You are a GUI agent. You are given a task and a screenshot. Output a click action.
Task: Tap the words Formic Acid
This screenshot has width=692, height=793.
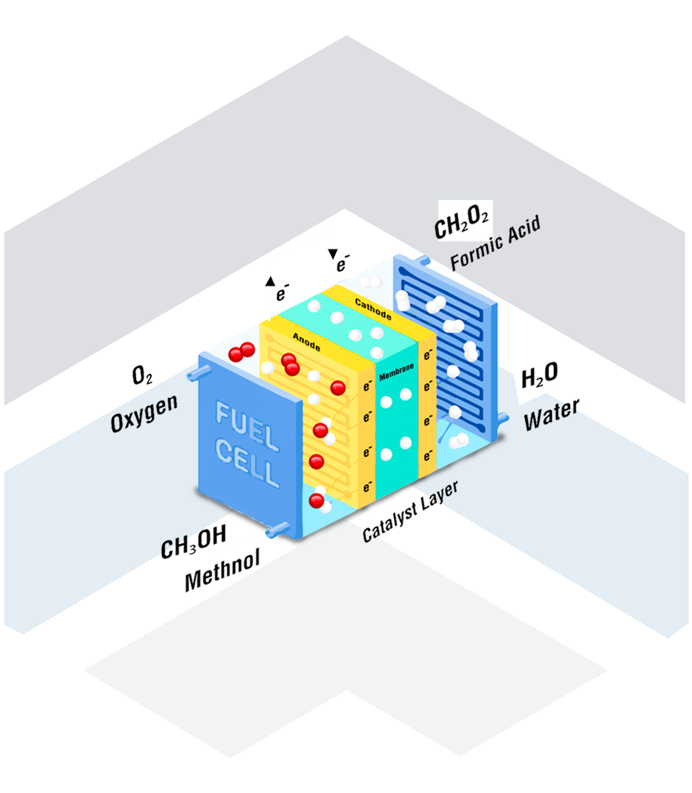click(495, 243)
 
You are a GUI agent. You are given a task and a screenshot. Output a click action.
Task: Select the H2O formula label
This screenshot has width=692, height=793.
click(539, 375)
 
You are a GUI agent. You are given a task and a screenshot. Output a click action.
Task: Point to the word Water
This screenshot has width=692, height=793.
click(552, 415)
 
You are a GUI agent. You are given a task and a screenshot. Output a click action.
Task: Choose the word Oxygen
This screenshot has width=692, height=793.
click(144, 412)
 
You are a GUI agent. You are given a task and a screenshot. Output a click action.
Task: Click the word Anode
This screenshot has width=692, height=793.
click(306, 342)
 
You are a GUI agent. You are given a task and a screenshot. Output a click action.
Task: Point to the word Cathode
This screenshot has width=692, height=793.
click(373, 309)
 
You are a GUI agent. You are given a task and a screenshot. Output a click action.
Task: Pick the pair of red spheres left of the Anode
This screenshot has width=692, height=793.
click(242, 353)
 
